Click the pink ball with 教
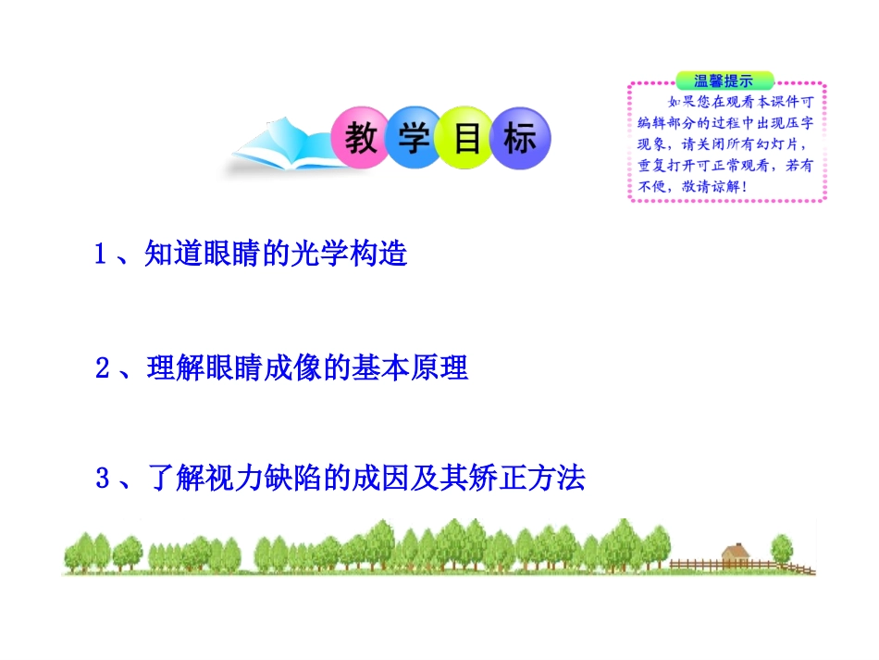point(361,141)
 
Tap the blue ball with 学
point(415,141)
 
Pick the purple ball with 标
point(520,141)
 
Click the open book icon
point(278,148)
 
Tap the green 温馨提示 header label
point(723,81)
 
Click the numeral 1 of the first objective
point(102,255)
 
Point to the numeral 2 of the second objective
point(103,369)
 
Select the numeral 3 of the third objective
point(104,479)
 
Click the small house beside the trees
point(735,554)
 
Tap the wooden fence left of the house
point(694,563)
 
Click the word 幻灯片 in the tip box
point(778,144)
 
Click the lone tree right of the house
point(782,548)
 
